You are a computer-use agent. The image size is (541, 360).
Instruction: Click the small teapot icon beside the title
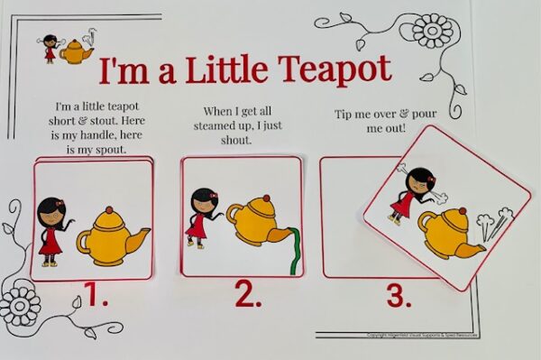point(76,52)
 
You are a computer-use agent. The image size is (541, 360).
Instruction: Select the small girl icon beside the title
point(50,48)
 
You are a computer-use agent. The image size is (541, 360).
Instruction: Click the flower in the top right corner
point(433,31)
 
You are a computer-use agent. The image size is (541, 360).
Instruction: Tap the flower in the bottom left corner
point(20,306)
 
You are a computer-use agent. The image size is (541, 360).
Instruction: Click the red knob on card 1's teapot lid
point(110,210)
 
